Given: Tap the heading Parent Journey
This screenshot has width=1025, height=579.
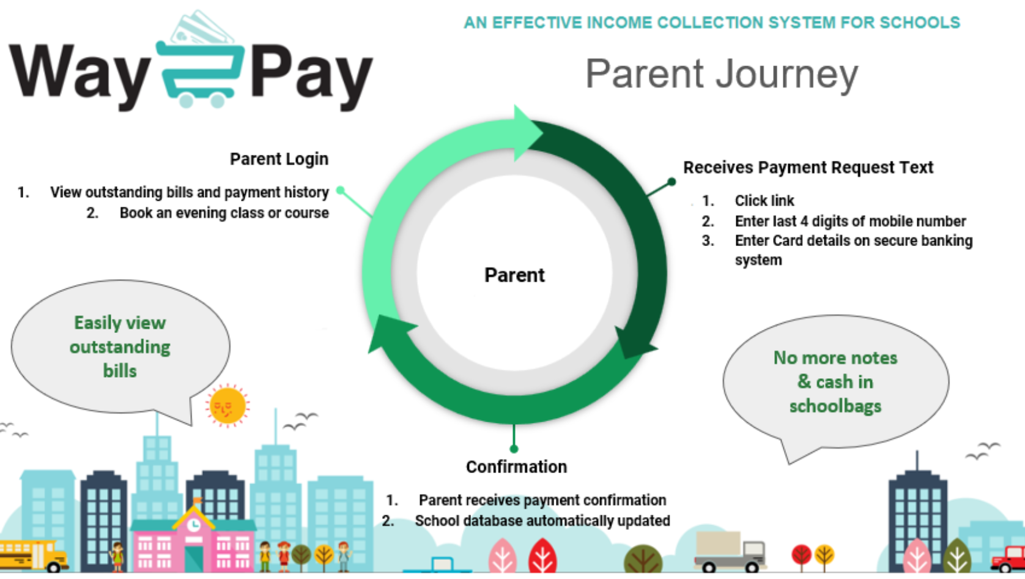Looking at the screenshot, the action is pos(722,75).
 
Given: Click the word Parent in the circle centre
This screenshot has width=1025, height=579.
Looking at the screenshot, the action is pos(514,275).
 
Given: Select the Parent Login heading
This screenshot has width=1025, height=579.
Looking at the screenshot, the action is pos(279,159).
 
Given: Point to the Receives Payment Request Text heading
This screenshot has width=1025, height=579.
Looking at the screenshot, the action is pos(808,168).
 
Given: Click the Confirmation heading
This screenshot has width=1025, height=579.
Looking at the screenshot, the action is pos(517,467).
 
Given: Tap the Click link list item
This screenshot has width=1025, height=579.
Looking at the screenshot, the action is pos(764,201).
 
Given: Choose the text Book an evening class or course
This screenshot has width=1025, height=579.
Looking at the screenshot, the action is pos(224,213).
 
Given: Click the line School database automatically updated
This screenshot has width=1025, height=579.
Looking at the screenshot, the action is pos(542,521).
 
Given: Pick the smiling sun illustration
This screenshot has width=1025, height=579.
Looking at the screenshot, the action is pos(228,406).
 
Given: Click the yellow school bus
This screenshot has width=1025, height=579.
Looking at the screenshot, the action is pos(33,556).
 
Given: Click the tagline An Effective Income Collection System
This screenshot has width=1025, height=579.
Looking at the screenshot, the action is pos(712,23).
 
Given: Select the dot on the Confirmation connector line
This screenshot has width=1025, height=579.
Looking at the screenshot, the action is pos(514,449).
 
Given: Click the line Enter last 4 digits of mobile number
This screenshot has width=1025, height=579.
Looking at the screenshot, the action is pos(850,221).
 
